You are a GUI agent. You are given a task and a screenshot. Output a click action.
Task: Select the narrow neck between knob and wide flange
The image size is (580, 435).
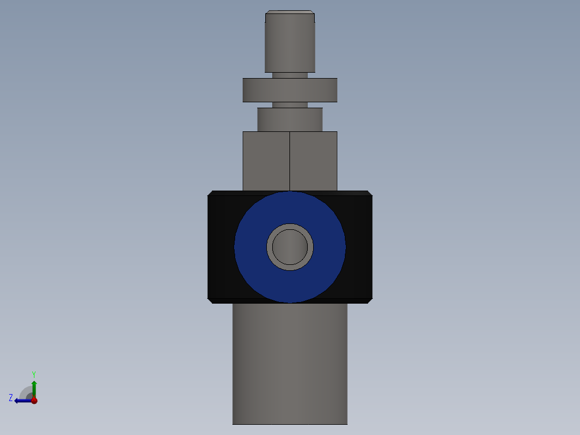click(289, 75)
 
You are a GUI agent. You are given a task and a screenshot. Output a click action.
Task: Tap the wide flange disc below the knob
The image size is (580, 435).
click(289, 90)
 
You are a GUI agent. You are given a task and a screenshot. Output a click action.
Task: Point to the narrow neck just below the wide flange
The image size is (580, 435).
click(289, 105)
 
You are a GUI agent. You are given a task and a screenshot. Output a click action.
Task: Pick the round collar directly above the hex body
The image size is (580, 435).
click(289, 120)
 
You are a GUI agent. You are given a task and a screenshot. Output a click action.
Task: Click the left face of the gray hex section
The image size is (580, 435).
click(266, 160)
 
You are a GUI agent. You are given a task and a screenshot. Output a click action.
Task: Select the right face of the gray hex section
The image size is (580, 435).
click(313, 160)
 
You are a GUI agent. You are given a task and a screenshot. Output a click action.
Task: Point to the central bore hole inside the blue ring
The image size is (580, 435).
click(290, 247)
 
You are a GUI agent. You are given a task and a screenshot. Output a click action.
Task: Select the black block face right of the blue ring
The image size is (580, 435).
click(359, 247)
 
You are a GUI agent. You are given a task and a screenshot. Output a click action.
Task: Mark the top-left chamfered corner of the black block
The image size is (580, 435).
click(210, 193)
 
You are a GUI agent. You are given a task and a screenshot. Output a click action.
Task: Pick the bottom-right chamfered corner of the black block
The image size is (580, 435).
click(369, 300)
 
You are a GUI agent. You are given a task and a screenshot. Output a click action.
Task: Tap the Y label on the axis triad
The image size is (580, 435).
click(34, 374)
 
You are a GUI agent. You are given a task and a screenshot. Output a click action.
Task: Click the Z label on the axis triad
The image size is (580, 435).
click(11, 398)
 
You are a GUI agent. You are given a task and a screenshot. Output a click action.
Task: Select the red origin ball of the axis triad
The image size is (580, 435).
click(34, 401)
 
